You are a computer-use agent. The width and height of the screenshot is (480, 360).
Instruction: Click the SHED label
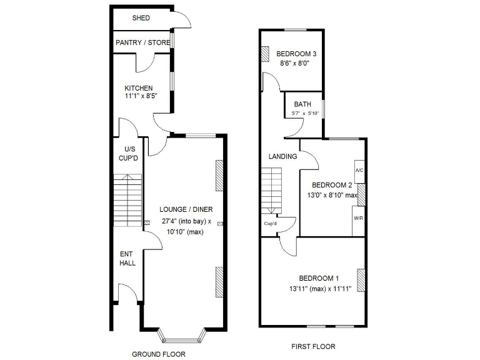pyautogui.click(x=141, y=18)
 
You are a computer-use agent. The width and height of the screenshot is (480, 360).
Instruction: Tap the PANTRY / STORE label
pyautogui.click(x=142, y=43)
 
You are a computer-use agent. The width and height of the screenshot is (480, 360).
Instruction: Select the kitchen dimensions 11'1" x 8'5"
pyautogui.click(x=141, y=97)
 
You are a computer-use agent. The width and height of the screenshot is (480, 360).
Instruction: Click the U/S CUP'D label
pyautogui.click(x=130, y=154)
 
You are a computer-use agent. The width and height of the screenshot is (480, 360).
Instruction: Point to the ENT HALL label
pyautogui.click(x=127, y=259)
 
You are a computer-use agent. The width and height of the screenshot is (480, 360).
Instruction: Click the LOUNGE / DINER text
pyautogui.click(x=185, y=209)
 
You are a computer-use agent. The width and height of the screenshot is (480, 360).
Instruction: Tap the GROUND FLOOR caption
pyautogui.click(x=158, y=354)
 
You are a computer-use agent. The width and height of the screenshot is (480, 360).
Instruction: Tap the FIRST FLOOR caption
pyautogui.click(x=313, y=346)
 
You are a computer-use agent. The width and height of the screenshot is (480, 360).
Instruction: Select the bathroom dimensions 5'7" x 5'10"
pyautogui.click(x=305, y=113)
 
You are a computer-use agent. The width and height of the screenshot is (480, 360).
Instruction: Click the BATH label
pyautogui.click(x=302, y=104)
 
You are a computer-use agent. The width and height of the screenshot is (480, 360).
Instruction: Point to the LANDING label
pyautogui.click(x=282, y=156)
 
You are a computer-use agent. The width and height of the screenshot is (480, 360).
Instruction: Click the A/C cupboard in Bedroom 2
pyautogui.click(x=359, y=171)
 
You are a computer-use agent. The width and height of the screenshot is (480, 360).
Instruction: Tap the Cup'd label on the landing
pyautogui.click(x=271, y=224)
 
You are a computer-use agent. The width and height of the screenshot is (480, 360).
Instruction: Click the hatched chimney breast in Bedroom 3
pyautogui.click(x=265, y=54)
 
